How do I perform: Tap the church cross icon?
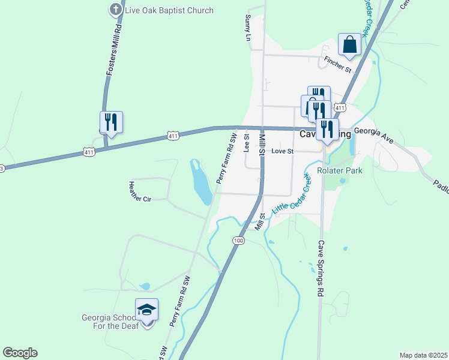click(115, 10)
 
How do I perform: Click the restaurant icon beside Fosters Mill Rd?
click(111, 122)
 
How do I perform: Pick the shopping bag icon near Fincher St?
click(349, 44)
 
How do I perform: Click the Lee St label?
click(246, 143)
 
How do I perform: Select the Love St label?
click(282, 151)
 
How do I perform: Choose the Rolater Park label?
click(341, 170)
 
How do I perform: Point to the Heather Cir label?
click(140, 191)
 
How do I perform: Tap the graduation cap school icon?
click(146, 310)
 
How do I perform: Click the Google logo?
click(20, 353)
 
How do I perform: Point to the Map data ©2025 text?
click(423, 355)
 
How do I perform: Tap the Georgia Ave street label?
click(373, 134)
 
